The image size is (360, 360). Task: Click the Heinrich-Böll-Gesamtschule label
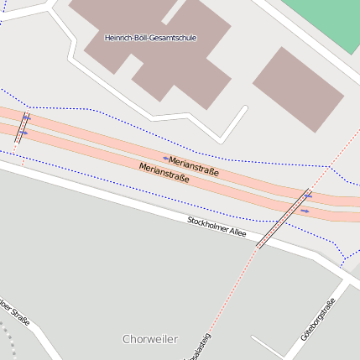[150, 38]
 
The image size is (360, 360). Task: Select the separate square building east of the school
[298, 89]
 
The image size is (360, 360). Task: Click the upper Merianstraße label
[193, 165]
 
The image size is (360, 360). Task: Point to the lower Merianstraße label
[164, 173]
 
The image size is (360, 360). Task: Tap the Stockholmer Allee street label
[217, 227]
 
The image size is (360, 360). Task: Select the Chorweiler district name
[150, 339]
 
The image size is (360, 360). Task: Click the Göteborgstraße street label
[318, 319]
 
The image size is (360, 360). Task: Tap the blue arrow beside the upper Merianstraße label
[165, 157]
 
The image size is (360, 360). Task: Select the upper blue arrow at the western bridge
[27, 117]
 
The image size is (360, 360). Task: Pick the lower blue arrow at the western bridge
[23, 133]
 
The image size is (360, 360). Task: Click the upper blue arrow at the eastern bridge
[308, 196]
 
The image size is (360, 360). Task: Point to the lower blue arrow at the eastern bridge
[304, 211]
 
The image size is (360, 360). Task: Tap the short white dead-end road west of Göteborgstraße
[268, 346]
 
